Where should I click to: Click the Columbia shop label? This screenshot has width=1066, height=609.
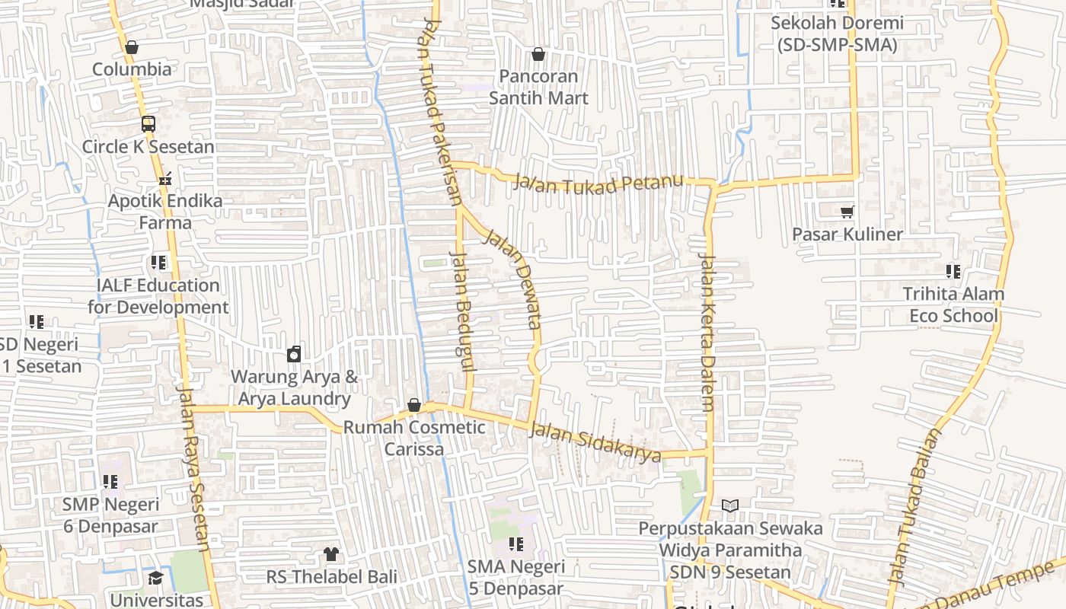[x=132, y=69]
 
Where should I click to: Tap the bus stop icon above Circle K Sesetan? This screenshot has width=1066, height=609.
[x=148, y=124]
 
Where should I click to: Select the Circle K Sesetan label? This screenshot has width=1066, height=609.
[x=148, y=147]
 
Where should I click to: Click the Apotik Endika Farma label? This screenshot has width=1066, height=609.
[x=165, y=212]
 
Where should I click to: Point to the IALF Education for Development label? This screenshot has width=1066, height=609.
[x=158, y=296]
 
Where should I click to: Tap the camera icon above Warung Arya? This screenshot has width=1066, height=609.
[x=294, y=354]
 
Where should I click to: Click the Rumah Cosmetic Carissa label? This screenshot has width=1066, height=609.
[x=414, y=438]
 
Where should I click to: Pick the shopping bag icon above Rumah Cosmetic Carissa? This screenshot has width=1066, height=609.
[x=414, y=405]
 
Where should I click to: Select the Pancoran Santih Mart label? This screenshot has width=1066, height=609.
[x=538, y=87]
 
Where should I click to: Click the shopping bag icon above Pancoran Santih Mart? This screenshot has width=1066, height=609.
[x=538, y=54]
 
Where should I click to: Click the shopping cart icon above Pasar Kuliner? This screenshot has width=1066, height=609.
[x=847, y=212]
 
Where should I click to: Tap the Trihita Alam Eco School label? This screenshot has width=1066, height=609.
[x=953, y=304]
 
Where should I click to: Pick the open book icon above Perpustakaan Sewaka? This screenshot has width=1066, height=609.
[x=729, y=505]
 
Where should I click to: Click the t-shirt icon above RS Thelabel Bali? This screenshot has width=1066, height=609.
[x=331, y=553]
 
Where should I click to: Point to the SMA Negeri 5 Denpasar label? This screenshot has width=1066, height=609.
[x=515, y=577]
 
